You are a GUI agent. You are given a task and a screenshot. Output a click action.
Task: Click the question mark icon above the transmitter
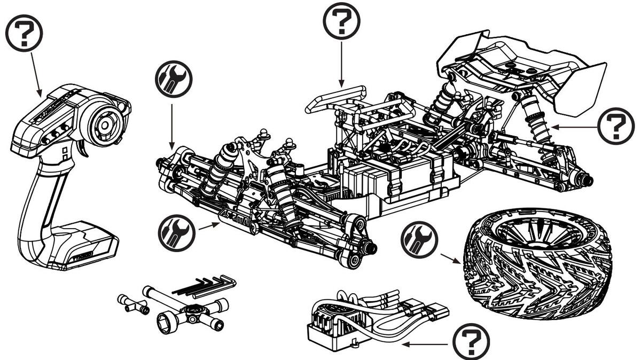point(24,33)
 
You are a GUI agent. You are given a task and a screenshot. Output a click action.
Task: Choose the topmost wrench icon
point(173,79)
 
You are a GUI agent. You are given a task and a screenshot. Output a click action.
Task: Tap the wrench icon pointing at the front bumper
point(177,233)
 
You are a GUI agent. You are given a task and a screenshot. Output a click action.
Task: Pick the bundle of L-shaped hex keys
point(206,286)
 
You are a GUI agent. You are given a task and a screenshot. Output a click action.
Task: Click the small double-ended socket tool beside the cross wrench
point(134,303)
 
